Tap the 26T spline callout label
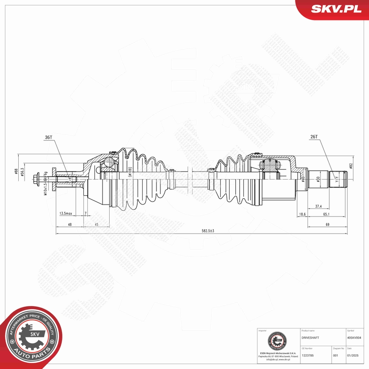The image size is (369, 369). click(x=313, y=137)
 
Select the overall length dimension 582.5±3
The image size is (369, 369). click(x=208, y=230)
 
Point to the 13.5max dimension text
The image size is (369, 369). click(x=66, y=214)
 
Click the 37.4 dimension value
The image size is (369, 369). click(x=319, y=206)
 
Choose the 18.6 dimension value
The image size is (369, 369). click(x=302, y=214)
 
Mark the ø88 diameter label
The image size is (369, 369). click(x=16, y=172)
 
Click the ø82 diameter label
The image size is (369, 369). click(x=351, y=166)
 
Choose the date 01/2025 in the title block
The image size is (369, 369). click(x=353, y=355)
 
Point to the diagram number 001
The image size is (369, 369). click(x=336, y=355)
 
